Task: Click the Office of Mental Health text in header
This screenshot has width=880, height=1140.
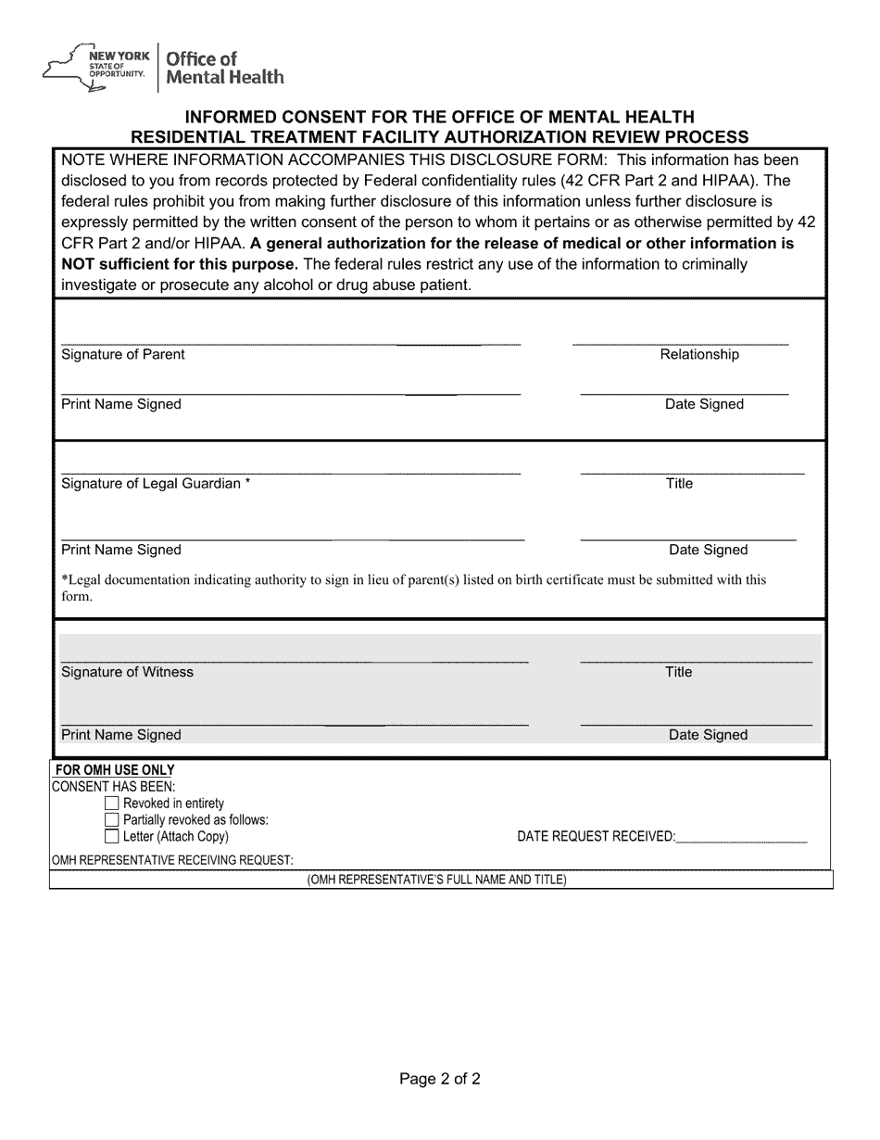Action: (x=224, y=68)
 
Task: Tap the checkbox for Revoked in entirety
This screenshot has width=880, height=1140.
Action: (x=112, y=804)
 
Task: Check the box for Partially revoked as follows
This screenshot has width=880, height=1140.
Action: (x=112, y=820)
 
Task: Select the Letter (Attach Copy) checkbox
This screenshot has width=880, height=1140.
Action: (x=112, y=837)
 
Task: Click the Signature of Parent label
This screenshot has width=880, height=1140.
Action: (x=122, y=354)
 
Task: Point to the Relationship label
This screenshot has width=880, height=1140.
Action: (x=699, y=354)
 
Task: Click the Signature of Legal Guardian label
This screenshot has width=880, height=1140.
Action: (x=155, y=484)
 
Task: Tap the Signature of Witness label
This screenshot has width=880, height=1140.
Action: (x=127, y=672)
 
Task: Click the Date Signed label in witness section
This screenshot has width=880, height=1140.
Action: (x=708, y=735)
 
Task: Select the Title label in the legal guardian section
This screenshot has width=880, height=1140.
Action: (x=679, y=484)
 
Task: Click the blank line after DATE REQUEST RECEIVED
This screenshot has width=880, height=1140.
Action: (x=741, y=838)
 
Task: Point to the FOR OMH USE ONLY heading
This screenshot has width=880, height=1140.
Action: (x=115, y=770)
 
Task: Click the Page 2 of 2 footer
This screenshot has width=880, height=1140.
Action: (x=440, y=1079)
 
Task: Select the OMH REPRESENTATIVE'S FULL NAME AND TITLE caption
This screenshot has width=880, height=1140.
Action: (x=436, y=880)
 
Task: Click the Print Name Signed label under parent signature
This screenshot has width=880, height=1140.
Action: (x=120, y=404)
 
